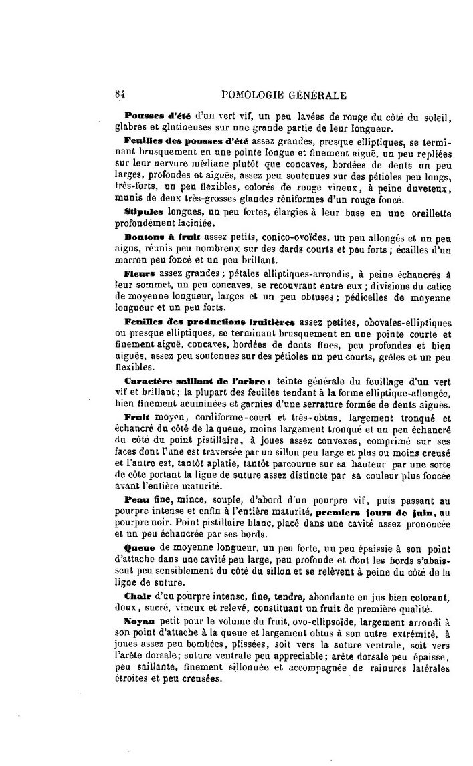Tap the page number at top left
(120, 95)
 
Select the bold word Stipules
(140, 212)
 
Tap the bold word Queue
(139, 546)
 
